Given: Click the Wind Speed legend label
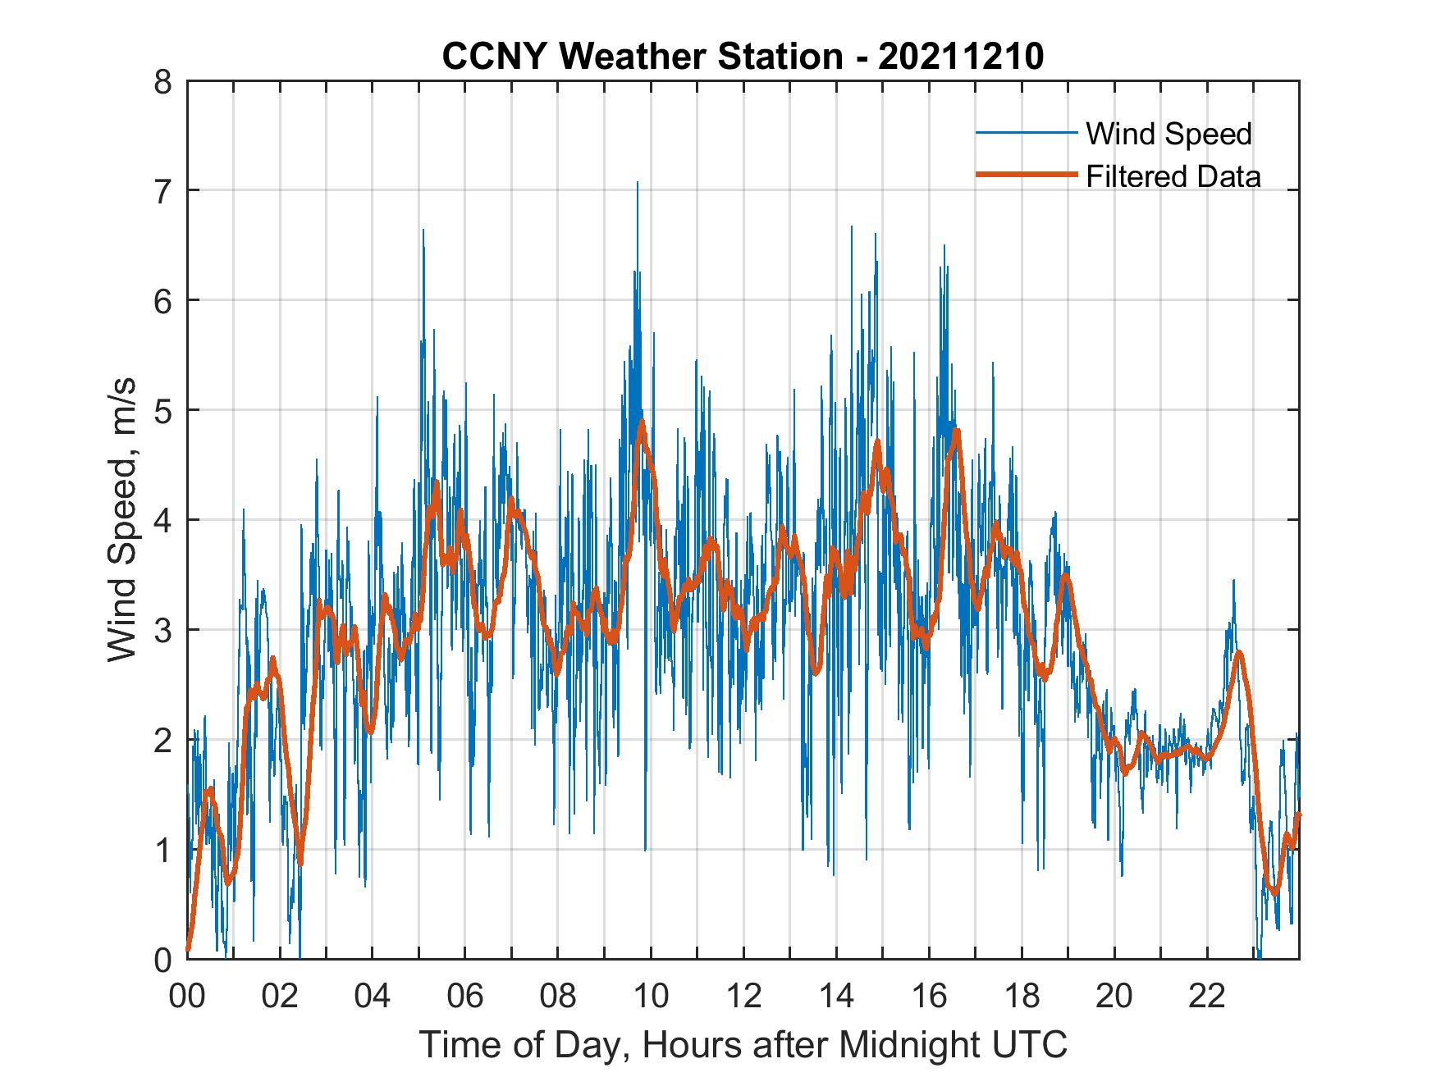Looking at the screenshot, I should tap(1168, 134).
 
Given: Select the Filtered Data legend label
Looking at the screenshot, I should tap(1173, 176).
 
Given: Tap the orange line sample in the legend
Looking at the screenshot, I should tap(1026, 175).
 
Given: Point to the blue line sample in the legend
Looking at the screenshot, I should tap(1026, 133).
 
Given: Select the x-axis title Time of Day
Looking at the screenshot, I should tap(743, 1045).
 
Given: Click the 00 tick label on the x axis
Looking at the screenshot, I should tap(187, 997).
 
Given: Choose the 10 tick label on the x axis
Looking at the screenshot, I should tap(651, 997).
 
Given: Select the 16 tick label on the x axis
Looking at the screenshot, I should tap(929, 997).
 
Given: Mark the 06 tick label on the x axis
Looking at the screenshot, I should tap(465, 997).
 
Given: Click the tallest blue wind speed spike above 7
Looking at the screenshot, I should tap(637, 184).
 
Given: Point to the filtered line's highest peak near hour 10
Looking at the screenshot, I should tap(642, 422).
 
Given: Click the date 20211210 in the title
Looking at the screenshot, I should tap(961, 57).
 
